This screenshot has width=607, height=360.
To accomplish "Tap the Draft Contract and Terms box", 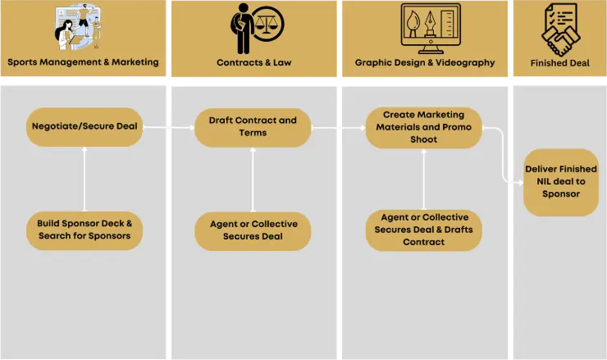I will (253, 127).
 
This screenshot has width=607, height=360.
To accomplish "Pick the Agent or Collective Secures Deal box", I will (253, 230).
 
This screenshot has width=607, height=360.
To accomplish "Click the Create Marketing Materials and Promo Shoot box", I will (422, 127).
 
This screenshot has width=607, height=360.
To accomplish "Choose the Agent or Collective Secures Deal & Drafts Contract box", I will (423, 230).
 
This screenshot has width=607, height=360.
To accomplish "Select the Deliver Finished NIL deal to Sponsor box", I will (560, 181).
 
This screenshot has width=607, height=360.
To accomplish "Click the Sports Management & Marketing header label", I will (83, 62).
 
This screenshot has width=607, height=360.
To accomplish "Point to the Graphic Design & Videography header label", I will (425, 62).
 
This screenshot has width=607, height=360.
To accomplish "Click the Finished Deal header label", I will (559, 62).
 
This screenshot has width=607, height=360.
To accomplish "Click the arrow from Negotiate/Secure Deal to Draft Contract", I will (169, 127).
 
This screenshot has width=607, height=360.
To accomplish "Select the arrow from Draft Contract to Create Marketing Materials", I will (338, 127).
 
